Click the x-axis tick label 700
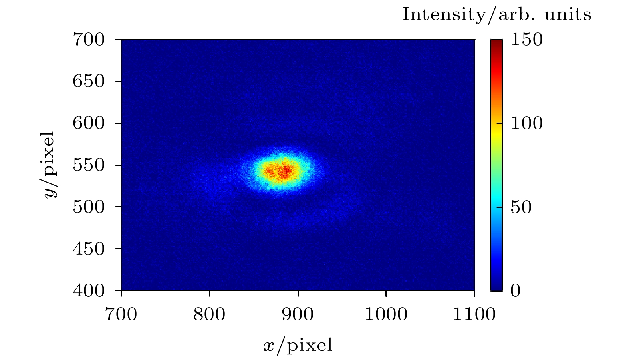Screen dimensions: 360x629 pyautogui.click(x=121, y=315)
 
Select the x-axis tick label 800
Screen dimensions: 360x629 pyautogui.click(x=209, y=315)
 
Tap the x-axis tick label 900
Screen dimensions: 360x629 pyautogui.click(x=298, y=315)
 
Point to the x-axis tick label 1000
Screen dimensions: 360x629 pyautogui.click(x=386, y=315)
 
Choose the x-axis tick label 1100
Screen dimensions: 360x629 pyautogui.click(x=474, y=315)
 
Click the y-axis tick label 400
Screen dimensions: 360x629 pyautogui.click(x=89, y=290)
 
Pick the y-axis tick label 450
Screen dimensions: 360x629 pyautogui.click(x=89, y=249)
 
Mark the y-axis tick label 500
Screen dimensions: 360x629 pyautogui.click(x=89, y=207)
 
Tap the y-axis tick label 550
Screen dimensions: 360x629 pyautogui.click(x=89, y=165)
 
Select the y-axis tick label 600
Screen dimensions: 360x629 pyautogui.click(x=89, y=123)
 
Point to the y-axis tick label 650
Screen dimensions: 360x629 pyautogui.click(x=89, y=82)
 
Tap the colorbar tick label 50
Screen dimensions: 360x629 pyautogui.click(x=522, y=207)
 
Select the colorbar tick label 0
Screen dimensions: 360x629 pyautogui.click(x=516, y=290)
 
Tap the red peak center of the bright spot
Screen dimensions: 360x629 pyautogui.click(x=284, y=171)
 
